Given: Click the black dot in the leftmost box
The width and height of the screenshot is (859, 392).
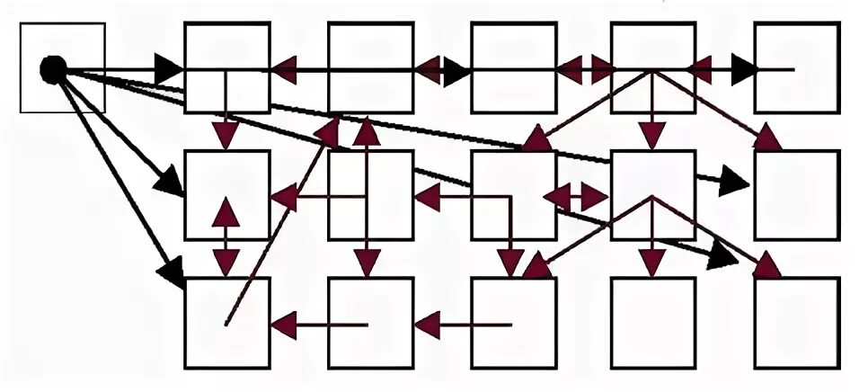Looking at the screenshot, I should pyautogui.click(x=54, y=68).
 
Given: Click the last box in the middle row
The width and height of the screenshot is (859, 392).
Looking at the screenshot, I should pyautogui.click(x=796, y=194).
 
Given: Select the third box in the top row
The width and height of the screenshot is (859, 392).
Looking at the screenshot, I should pyautogui.click(x=513, y=45).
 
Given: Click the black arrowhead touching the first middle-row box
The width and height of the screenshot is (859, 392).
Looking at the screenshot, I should pyautogui.click(x=169, y=183).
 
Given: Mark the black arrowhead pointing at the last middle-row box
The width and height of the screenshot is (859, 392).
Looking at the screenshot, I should pyautogui.click(x=733, y=183).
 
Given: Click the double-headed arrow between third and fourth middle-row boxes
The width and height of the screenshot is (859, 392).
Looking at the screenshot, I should pyautogui.click(x=576, y=196).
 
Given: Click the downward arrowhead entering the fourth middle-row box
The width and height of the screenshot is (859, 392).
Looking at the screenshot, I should pyautogui.click(x=652, y=135).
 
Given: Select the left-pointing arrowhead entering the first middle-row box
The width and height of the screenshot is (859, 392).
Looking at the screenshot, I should pyautogui.click(x=285, y=196).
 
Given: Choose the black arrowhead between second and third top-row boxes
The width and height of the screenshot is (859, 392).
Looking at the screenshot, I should pyautogui.click(x=454, y=69).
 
